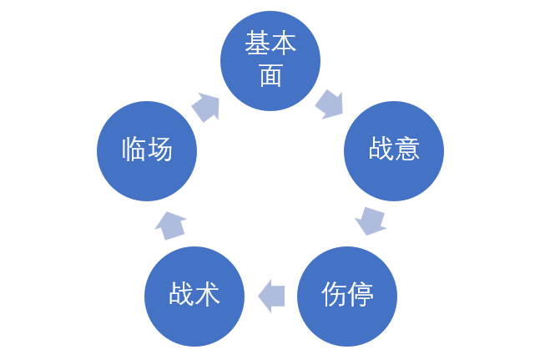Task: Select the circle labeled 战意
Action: (394, 150)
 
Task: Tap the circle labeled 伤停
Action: (347, 296)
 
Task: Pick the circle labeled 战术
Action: (194, 296)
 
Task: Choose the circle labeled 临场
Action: (147, 150)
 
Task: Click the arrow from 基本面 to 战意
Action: (329, 104)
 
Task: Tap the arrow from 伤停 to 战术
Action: (271, 296)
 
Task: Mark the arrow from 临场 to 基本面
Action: (205, 107)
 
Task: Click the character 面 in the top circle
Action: (270, 76)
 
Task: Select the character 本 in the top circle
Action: (283, 44)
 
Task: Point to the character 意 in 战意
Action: (406, 150)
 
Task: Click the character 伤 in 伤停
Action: (334, 294)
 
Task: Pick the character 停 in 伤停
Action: (360, 294)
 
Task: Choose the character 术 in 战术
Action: (207, 294)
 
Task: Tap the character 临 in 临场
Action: (134, 150)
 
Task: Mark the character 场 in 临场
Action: (160, 150)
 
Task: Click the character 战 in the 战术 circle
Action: (182, 294)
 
